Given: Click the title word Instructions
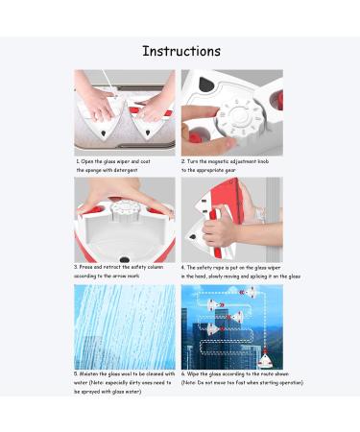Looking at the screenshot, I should [180, 51].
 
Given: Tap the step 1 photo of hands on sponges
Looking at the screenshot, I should [125, 112].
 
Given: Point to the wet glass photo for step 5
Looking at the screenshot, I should [125, 325].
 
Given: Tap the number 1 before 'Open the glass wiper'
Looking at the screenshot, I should [77, 162].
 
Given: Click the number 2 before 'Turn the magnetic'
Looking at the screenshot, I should [183, 162].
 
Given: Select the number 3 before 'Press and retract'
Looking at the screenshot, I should [77, 267].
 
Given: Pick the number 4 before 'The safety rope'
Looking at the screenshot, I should [183, 267].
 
